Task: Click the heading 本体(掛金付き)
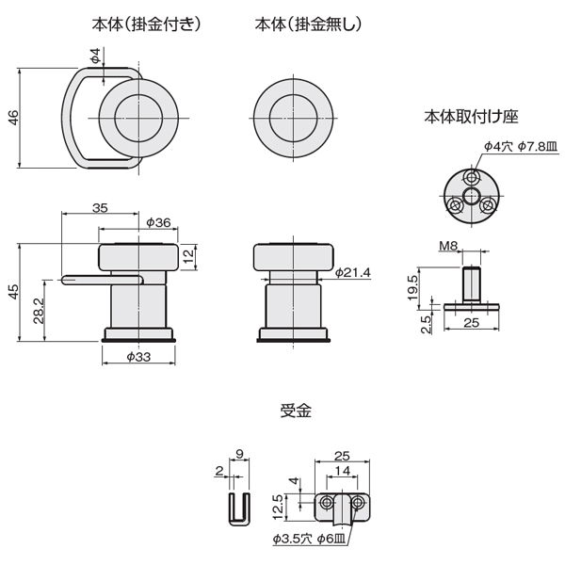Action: click(146, 24)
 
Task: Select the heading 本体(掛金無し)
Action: click(308, 24)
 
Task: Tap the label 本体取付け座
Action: click(471, 117)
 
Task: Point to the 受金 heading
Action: click(296, 411)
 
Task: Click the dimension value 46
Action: click(13, 118)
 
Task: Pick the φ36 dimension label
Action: click(158, 222)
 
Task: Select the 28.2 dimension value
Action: click(39, 311)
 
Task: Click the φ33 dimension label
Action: click(138, 357)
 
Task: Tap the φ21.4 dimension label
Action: click(353, 272)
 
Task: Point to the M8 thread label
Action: click(448, 246)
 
